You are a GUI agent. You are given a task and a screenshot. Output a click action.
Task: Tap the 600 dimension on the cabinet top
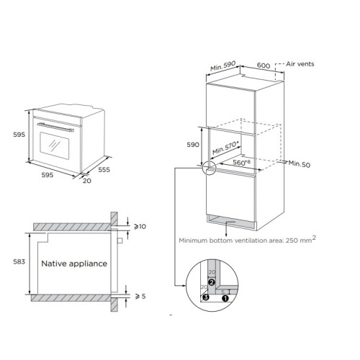point(264,66)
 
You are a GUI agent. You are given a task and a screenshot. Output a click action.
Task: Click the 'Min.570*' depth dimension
point(227,150)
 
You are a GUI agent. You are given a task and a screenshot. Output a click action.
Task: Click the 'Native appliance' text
point(73,264)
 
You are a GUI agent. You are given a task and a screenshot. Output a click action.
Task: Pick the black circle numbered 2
point(212,283)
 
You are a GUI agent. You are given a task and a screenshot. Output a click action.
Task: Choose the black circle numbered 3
point(205,296)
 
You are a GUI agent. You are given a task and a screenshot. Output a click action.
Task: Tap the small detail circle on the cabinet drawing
point(208,168)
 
